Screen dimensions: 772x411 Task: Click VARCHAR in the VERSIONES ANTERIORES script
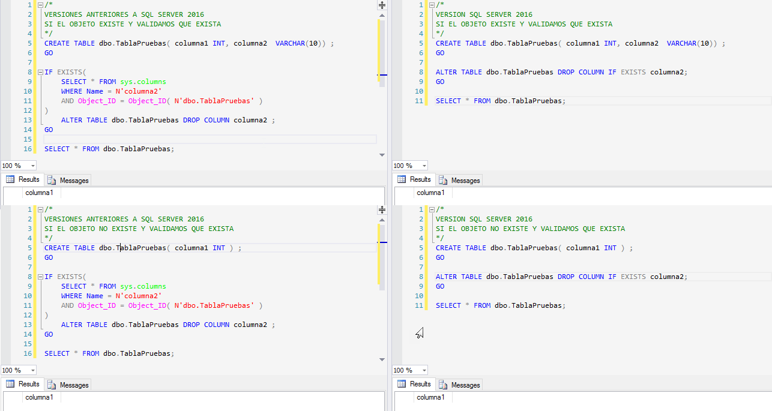pos(290,43)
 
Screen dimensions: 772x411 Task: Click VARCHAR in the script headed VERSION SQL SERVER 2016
pos(681,43)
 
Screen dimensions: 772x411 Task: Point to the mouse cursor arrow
pos(419,332)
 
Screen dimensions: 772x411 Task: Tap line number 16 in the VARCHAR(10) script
pos(28,149)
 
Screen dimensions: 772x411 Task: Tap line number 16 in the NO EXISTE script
pos(28,353)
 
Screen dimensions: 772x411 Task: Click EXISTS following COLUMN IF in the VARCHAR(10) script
pos(633,72)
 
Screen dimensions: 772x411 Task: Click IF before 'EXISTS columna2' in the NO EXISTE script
pos(612,277)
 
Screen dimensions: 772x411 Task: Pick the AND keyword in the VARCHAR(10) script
pos(67,101)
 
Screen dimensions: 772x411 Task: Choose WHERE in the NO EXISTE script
pos(71,296)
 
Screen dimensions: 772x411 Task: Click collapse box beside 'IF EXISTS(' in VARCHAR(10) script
pos(40,72)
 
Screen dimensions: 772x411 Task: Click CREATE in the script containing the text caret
pos(57,248)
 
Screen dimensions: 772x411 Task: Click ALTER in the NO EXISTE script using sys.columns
pos(72,325)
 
